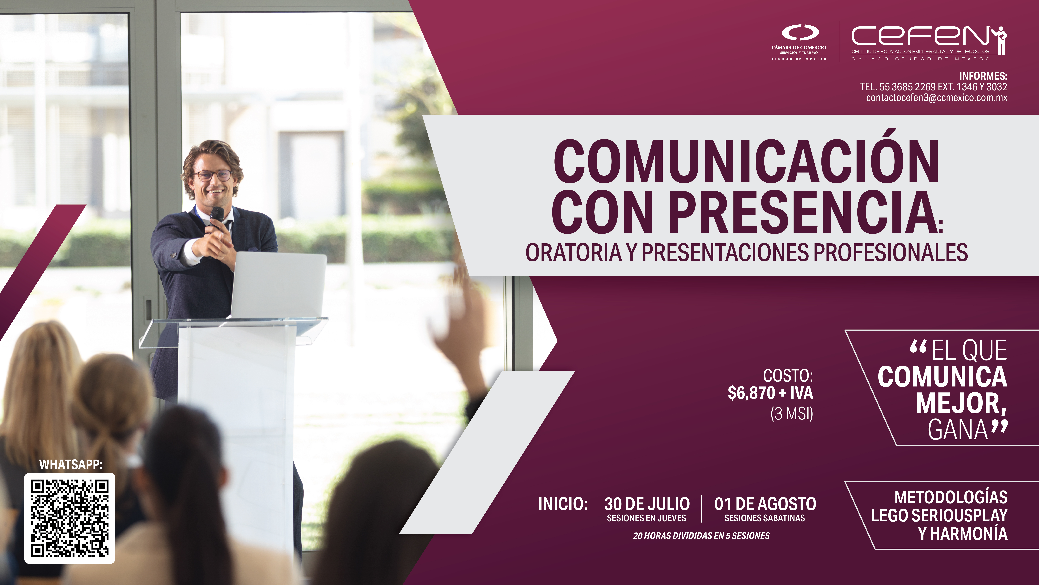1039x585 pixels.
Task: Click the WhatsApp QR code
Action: click(70, 518)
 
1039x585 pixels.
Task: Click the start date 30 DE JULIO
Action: click(647, 504)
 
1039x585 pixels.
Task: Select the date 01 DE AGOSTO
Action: click(765, 504)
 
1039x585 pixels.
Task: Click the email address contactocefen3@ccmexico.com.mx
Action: click(937, 98)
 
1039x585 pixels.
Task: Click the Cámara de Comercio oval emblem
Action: click(800, 32)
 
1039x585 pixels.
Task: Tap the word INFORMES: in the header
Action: click(983, 76)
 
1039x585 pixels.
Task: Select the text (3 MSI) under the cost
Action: click(792, 413)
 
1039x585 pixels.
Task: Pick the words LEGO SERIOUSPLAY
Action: click(939, 516)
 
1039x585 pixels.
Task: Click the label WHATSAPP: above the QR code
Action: click(71, 465)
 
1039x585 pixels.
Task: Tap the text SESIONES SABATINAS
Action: click(765, 518)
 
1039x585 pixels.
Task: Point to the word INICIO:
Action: click(563, 504)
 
